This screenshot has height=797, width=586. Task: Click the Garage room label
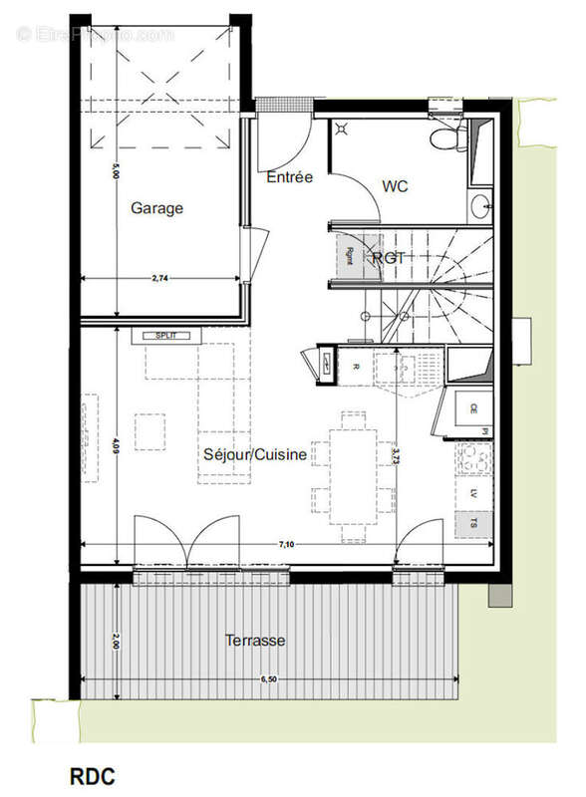point(156,208)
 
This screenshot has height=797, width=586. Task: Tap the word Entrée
point(290,177)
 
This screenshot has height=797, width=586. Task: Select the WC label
point(395,186)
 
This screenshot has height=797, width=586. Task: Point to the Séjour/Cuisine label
point(255,454)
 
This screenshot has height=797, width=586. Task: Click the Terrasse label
point(255,640)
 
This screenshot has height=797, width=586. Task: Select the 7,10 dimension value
point(287,544)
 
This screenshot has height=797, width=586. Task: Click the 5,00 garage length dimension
point(117,170)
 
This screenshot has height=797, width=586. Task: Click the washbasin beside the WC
point(480,207)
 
